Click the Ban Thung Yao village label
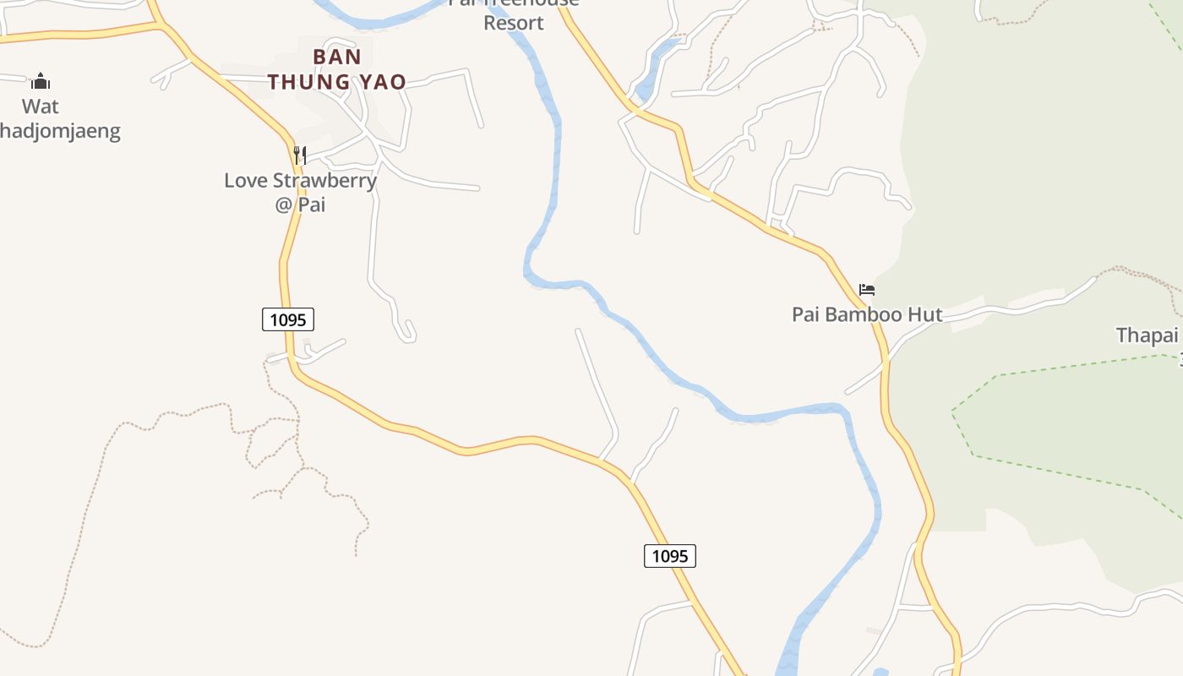(x=337, y=69)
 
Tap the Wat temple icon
(x=41, y=81)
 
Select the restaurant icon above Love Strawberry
(x=299, y=155)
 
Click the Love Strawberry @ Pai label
(x=300, y=192)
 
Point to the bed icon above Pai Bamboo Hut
(x=867, y=290)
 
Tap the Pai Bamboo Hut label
(x=867, y=314)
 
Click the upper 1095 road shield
(x=288, y=319)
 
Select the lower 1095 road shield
(x=670, y=555)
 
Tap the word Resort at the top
(x=513, y=23)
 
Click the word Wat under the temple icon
(x=41, y=106)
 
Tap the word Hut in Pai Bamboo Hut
(x=924, y=314)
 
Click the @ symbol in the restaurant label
(x=283, y=204)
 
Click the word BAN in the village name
(x=337, y=57)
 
